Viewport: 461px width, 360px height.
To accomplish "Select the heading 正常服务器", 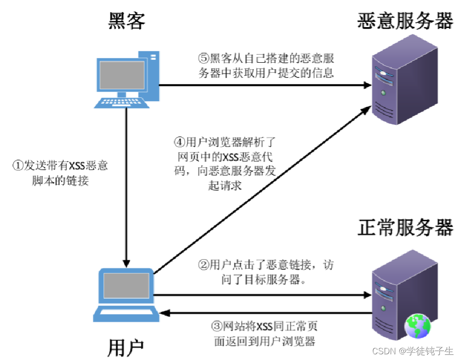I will (405, 228).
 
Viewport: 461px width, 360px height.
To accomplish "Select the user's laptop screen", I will (125, 286).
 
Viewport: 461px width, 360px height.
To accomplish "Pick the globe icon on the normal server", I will (417, 325).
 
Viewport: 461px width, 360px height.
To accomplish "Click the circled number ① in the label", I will (17, 166).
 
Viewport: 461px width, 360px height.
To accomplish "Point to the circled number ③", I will (216, 327).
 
